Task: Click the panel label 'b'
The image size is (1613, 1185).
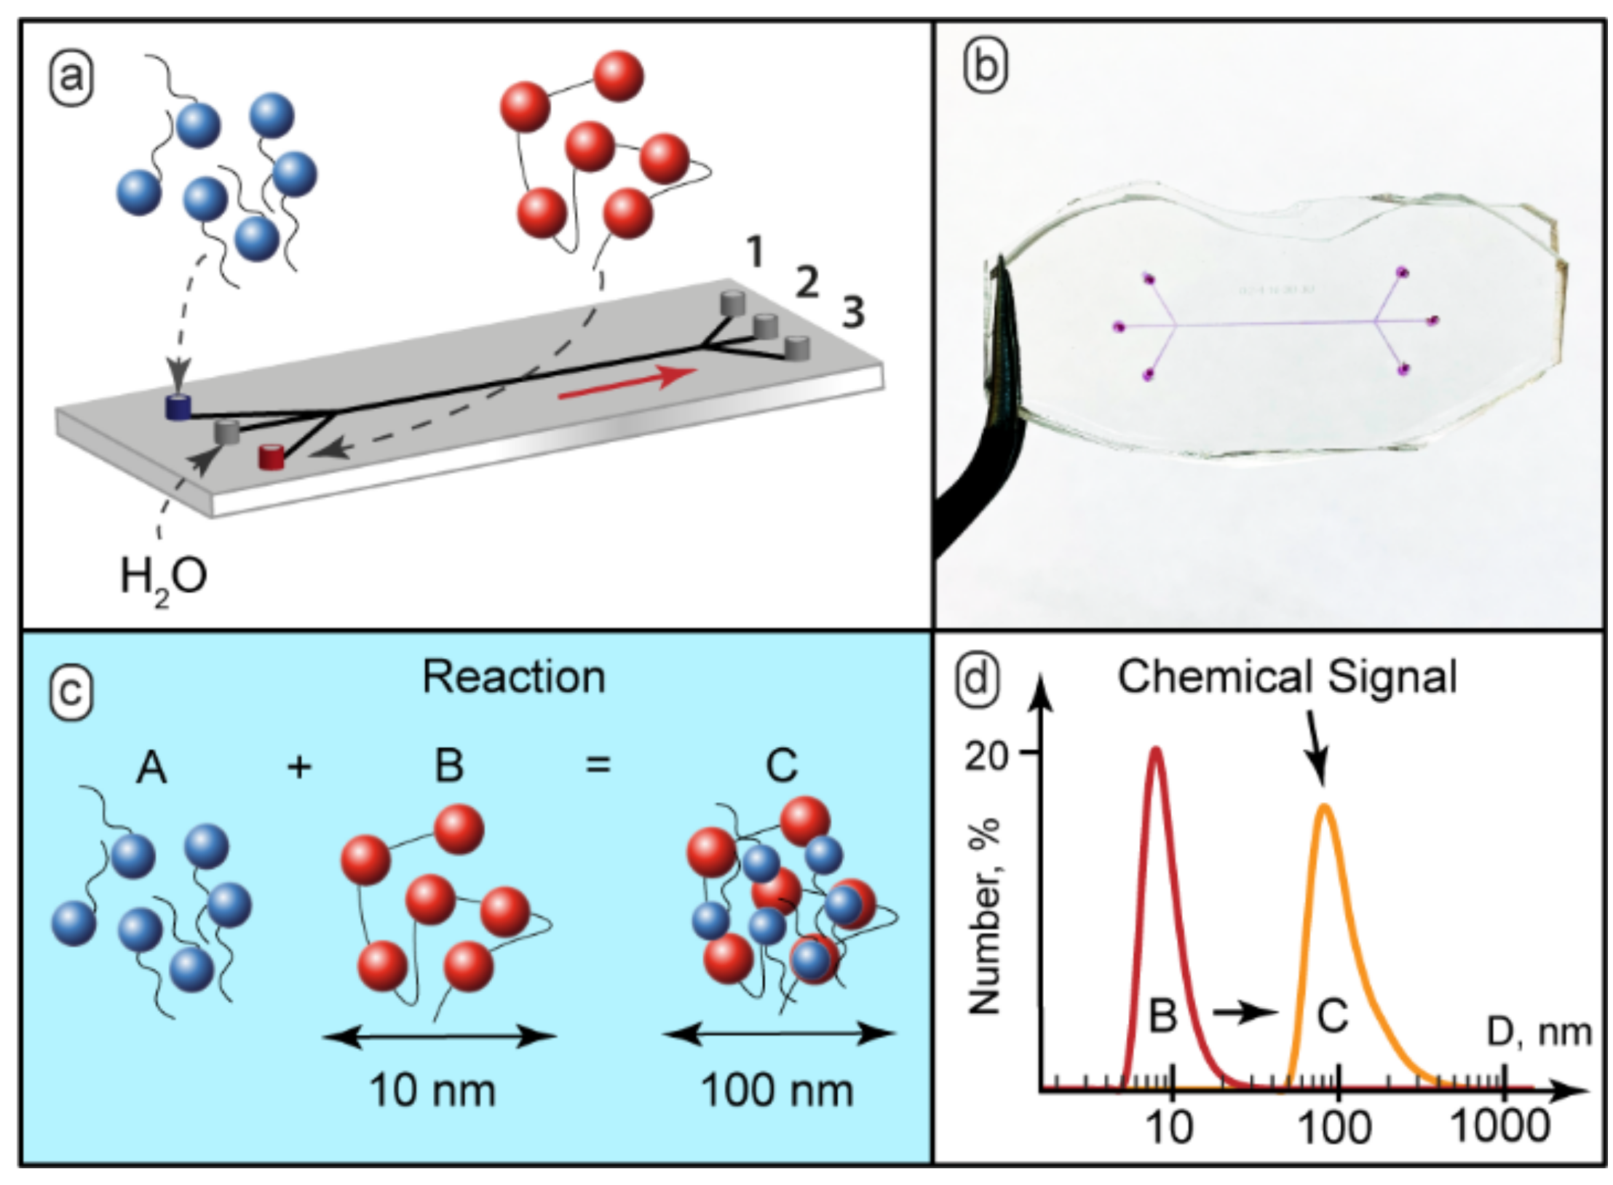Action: [x=986, y=67]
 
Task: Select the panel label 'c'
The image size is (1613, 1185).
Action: [x=71, y=691]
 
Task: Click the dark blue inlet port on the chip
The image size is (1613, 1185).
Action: [x=178, y=407]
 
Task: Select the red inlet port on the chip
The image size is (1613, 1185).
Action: [x=272, y=457]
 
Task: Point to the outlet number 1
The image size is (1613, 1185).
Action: [x=756, y=253]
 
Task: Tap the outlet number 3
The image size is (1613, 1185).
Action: [x=853, y=312]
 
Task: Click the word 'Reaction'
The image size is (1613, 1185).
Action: [x=514, y=678]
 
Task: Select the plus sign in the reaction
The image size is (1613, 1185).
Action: [x=299, y=766]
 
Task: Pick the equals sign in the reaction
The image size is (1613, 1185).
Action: [x=598, y=765]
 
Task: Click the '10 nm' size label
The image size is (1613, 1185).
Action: [x=432, y=1090]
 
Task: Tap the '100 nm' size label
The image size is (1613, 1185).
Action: [x=777, y=1090]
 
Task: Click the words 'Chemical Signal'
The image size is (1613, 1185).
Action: [x=1287, y=677]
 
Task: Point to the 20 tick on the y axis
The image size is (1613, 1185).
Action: [x=988, y=757]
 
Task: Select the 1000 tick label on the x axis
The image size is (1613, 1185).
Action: [x=1500, y=1127]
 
